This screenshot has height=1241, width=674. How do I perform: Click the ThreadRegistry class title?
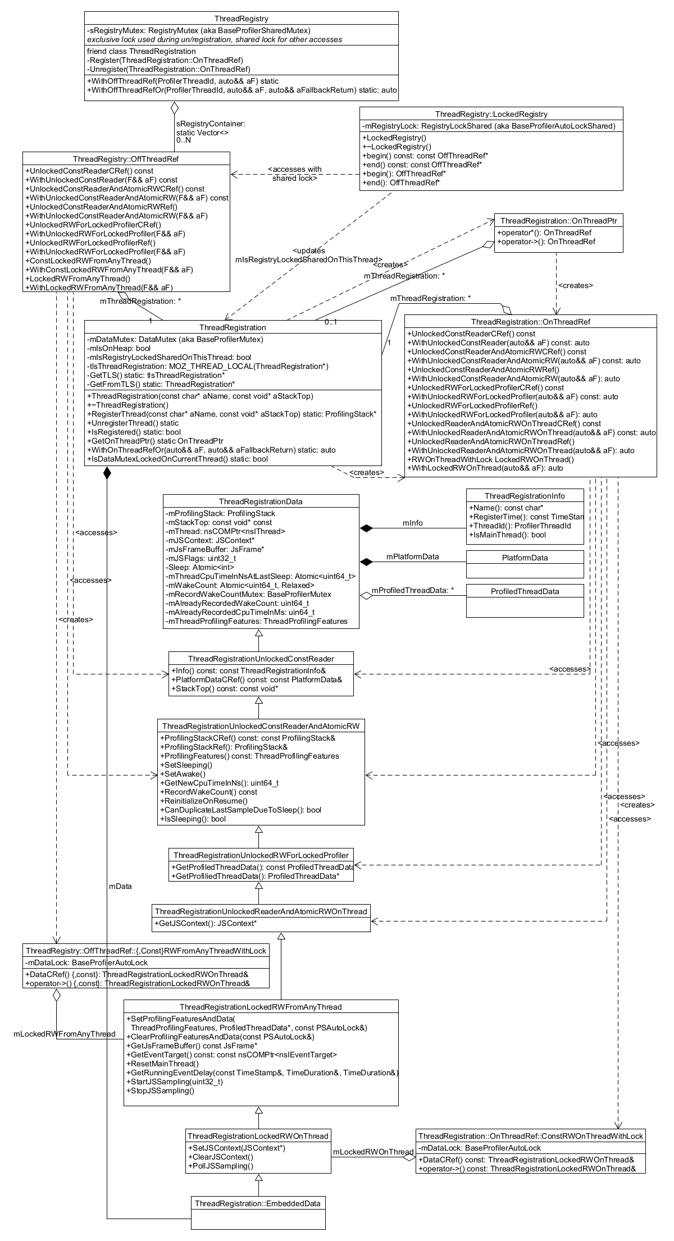point(242,19)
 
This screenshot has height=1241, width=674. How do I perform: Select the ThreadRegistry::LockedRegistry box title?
point(491,114)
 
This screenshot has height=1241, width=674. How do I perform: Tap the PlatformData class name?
point(525,558)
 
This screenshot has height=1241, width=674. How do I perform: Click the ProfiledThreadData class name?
point(525,591)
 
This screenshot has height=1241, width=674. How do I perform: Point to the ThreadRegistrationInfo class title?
point(525,496)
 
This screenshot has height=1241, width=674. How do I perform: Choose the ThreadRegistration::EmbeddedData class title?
point(258,1203)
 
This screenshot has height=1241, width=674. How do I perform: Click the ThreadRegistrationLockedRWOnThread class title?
point(258,1136)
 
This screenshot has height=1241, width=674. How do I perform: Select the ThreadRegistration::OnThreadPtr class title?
point(558,221)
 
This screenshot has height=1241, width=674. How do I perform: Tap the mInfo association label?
point(413,523)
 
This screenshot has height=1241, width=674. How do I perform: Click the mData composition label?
point(120,886)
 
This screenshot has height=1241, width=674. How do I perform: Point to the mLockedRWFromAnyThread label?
point(65,1034)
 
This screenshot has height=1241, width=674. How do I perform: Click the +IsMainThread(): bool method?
point(507,535)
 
